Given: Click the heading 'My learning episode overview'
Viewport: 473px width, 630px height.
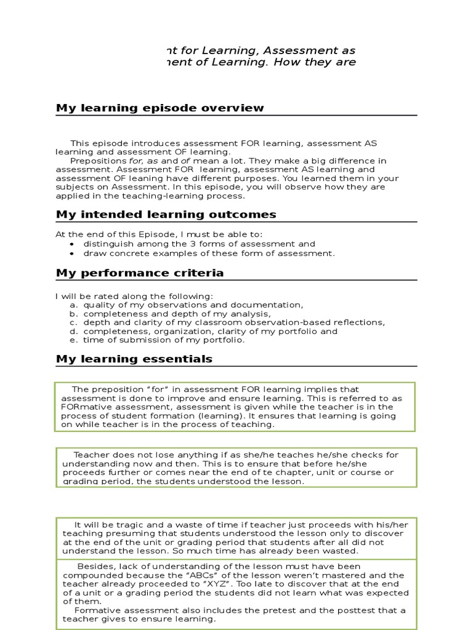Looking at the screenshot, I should point(160,108).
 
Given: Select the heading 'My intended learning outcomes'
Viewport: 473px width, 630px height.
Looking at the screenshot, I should point(166,215).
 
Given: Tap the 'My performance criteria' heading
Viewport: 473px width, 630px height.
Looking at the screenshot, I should point(140,273).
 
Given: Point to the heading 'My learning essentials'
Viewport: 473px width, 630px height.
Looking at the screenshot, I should point(134,359).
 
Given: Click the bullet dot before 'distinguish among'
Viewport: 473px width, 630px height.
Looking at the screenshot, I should point(73,244).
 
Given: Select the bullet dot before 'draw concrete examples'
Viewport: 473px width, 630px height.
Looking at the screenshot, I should point(73,253).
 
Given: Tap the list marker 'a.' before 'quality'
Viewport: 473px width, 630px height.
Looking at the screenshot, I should point(73,305).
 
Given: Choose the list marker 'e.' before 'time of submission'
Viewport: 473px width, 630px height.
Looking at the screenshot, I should point(73,340).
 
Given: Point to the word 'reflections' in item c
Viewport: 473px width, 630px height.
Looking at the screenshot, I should point(358,322).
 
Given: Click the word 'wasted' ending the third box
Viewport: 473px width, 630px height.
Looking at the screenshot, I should point(344,551).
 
